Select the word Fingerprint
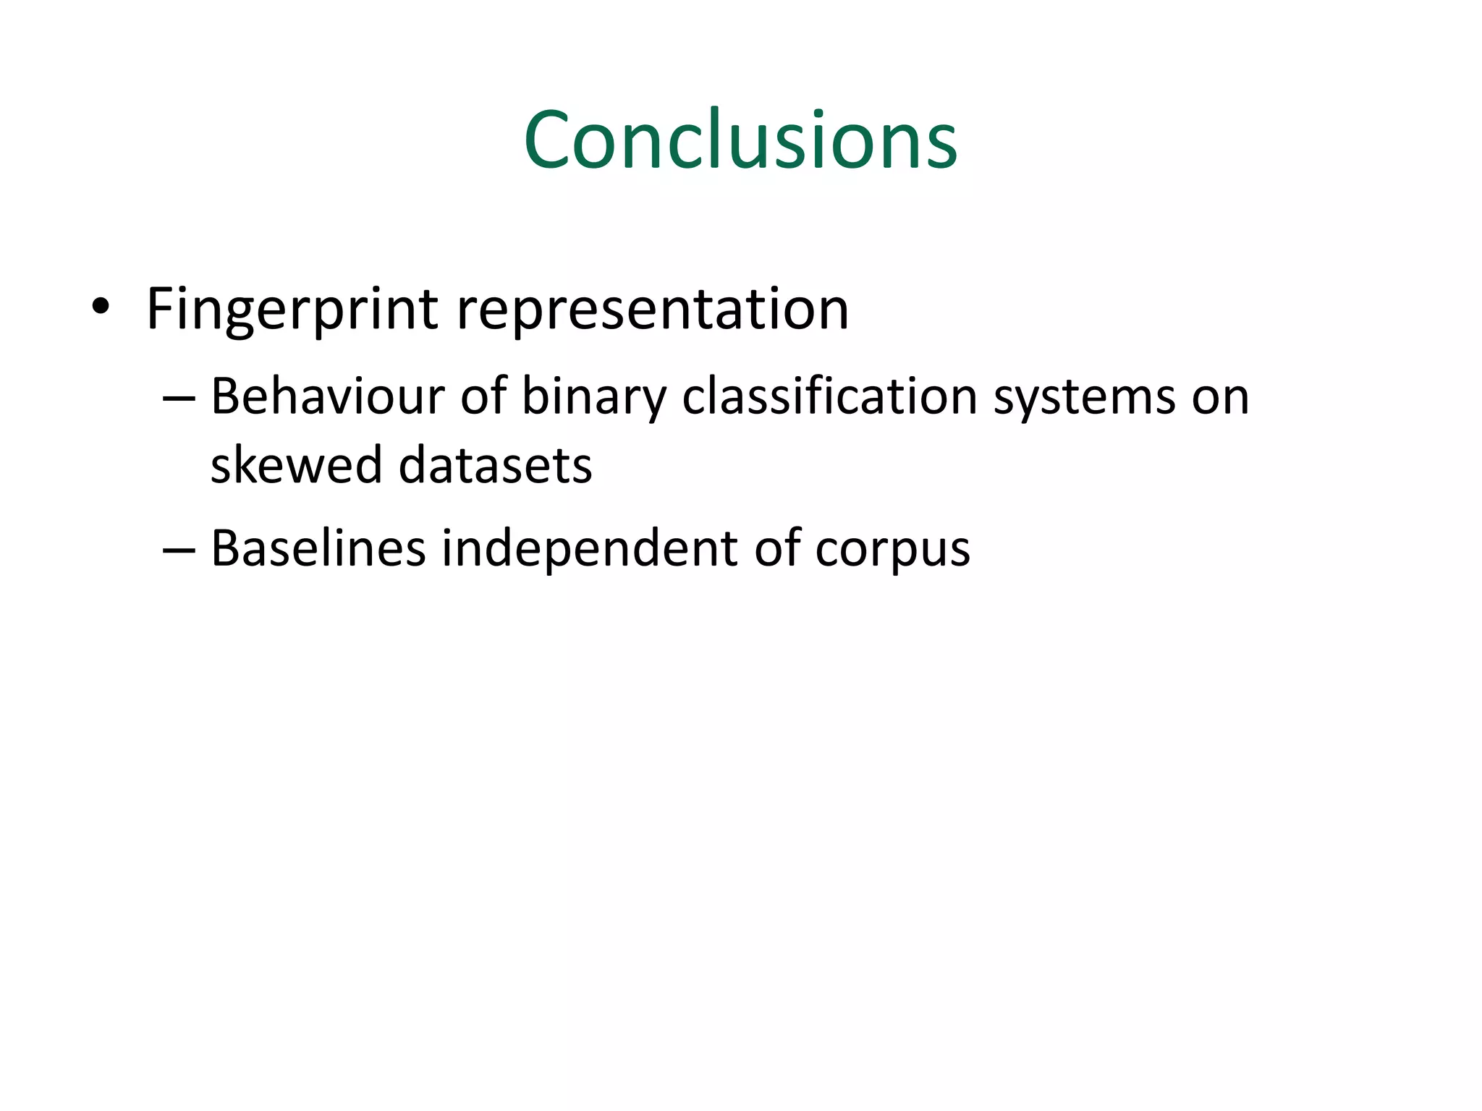click(x=292, y=309)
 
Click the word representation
click(x=653, y=309)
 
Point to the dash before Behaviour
click(x=179, y=399)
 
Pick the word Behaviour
click(x=327, y=397)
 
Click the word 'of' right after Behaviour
click(x=483, y=397)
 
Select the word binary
click(x=593, y=397)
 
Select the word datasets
click(x=496, y=464)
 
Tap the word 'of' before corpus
click(x=777, y=548)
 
